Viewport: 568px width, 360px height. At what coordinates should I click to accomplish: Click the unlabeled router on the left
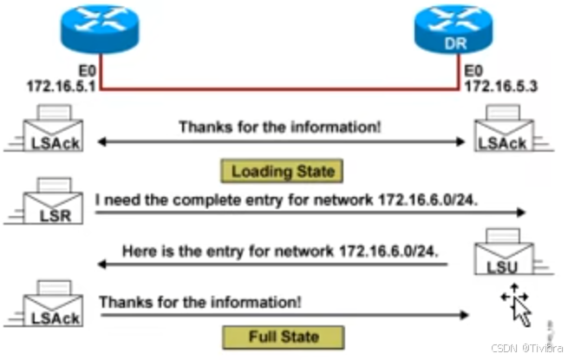pyautogui.click(x=101, y=31)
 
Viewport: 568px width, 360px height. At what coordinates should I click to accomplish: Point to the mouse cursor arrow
pyautogui.click(x=517, y=305)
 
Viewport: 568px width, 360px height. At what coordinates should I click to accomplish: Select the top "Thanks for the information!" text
pyautogui.click(x=280, y=127)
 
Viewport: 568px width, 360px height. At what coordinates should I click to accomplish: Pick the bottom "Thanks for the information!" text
pyautogui.click(x=200, y=302)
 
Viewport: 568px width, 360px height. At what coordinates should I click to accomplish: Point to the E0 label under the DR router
pyautogui.click(x=474, y=71)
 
